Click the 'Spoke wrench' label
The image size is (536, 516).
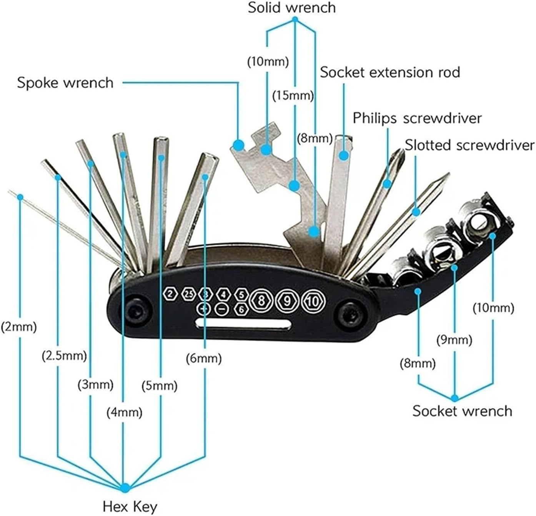point(65,83)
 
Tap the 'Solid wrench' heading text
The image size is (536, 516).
point(291,8)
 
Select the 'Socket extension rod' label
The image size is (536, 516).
point(390,72)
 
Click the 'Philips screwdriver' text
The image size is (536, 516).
point(417,118)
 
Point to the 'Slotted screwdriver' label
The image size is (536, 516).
point(469,145)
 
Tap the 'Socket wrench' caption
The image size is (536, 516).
point(462,411)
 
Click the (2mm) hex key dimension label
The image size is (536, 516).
point(18,327)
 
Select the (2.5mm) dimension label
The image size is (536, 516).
point(64,356)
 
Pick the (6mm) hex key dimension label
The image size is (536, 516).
point(203,359)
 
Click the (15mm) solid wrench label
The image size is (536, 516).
point(293,95)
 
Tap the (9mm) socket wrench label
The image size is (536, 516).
point(454,340)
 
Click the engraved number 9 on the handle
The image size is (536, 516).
point(287,301)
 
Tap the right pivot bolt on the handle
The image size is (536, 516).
point(348,312)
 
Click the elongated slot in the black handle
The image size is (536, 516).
point(243,324)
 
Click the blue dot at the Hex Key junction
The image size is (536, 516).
point(125,488)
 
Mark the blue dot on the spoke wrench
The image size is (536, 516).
point(238,145)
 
